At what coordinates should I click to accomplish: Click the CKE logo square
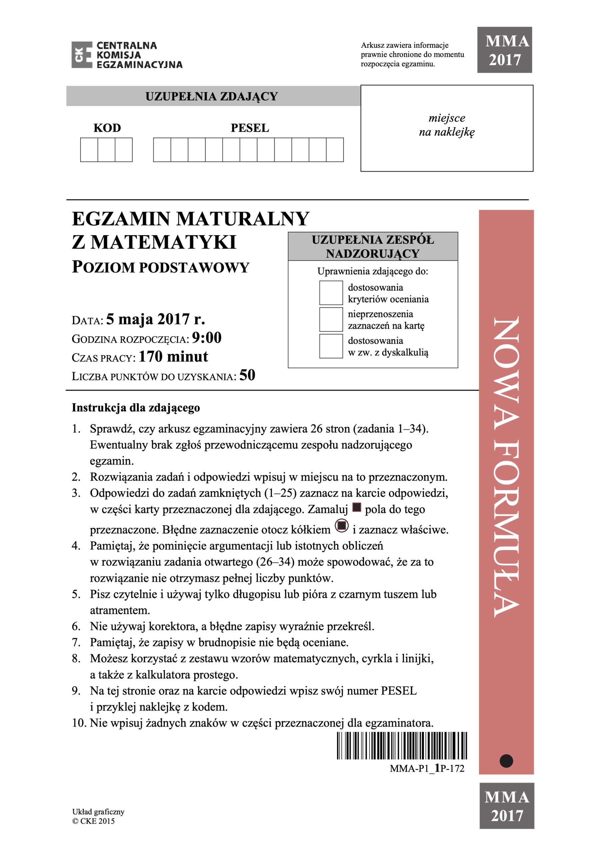81,55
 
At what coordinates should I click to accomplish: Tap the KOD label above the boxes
107,128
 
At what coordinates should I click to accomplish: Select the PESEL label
249,128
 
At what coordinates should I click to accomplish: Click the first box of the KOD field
89,150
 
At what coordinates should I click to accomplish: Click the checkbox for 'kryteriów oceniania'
331,293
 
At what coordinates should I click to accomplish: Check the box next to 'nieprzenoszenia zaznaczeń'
331,320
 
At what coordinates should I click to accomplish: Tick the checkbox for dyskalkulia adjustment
331,346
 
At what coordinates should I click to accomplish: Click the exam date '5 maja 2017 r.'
155,320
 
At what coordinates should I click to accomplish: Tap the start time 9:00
207,338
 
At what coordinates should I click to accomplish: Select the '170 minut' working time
173,357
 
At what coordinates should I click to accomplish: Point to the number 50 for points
247,375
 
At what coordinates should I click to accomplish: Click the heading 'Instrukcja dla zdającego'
136,408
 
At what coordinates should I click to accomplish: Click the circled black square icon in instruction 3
342,525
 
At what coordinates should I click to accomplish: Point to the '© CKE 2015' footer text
93,821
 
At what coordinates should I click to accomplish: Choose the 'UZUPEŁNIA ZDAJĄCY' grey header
212,96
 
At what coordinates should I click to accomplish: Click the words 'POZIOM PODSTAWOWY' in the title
160,268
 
